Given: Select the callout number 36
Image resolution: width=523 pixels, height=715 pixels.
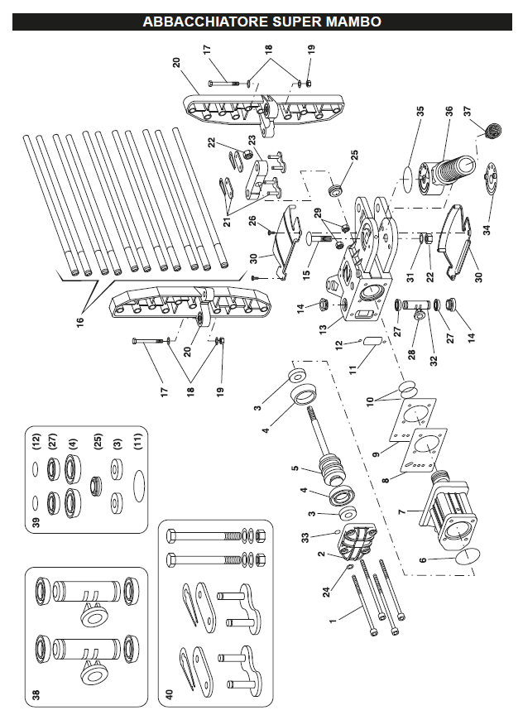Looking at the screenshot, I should [x=449, y=111].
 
